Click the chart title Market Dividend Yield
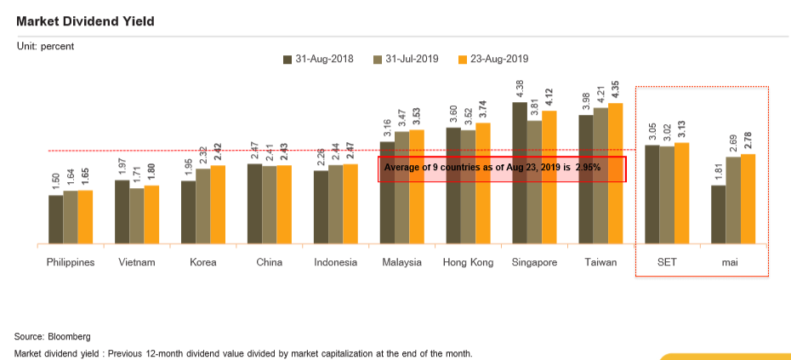[x=85, y=21]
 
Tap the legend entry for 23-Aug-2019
[x=494, y=60]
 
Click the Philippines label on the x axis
[x=70, y=262]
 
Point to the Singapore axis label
[x=534, y=262]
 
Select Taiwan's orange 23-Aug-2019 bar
[x=616, y=174]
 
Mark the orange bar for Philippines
[x=85, y=217]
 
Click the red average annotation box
[x=502, y=169]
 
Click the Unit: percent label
[x=46, y=46]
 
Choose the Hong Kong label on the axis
[x=468, y=262]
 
